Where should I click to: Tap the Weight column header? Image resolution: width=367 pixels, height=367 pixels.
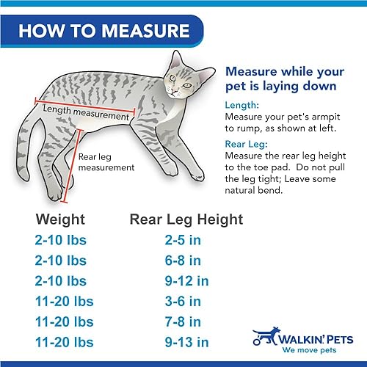(x=61, y=219)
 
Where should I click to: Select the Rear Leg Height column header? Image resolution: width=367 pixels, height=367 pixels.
(x=186, y=219)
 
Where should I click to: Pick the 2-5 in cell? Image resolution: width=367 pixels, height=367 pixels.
(x=182, y=240)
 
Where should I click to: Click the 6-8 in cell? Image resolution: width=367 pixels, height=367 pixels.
(x=182, y=261)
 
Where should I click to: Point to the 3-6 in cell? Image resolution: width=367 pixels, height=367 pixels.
(x=182, y=302)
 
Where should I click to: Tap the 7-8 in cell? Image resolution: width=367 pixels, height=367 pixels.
(x=182, y=322)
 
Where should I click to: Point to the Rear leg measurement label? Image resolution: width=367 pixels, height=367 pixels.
(x=106, y=161)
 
